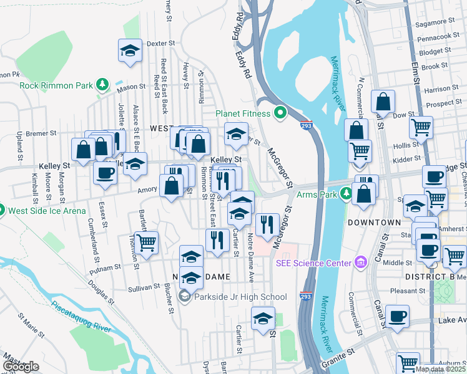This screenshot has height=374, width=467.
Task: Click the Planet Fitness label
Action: pyautogui.click(x=243, y=113)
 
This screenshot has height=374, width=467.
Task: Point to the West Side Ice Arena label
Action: pyautogui.click(x=47, y=211)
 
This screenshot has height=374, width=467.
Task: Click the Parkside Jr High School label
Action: pyautogui.click(x=239, y=297)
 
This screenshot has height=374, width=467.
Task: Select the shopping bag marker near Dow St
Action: pyautogui.click(x=383, y=102)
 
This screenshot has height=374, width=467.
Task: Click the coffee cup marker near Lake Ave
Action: pyautogui.click(x=397, y=317)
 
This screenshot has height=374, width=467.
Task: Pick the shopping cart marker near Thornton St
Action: pyautogui.click(x=146, y=243)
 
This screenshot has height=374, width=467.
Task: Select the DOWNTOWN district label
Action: pyautogui.click(x=373, y=222)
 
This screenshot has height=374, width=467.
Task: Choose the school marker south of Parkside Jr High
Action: pyautogui.click(x=263, y=318)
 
